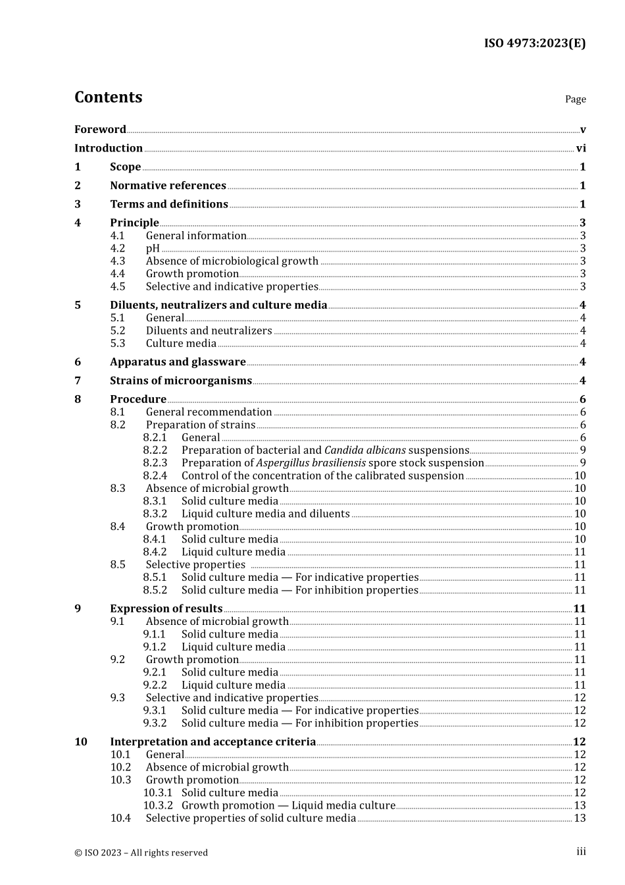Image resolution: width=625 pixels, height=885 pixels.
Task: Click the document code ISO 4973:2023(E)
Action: coord(534,43)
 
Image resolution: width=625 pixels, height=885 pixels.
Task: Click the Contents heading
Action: coord(108,97)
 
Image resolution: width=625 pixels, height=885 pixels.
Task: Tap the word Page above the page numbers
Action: coord(575,99)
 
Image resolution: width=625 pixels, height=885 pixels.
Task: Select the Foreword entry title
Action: coord(100,130)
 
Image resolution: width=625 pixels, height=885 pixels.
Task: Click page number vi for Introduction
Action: coord(581,149)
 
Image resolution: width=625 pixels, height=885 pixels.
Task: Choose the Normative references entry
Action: coord(168,186)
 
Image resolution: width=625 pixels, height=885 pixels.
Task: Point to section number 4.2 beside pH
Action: coord(118,248)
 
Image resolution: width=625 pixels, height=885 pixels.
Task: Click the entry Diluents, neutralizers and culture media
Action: coord(218,306)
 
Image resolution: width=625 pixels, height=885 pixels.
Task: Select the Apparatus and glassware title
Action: coord(178,362)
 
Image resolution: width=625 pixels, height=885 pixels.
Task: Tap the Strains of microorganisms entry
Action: coord(181,381)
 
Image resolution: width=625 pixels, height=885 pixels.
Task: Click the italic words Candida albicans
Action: coord(365,450)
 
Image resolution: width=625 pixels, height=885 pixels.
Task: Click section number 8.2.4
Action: coord(155,475)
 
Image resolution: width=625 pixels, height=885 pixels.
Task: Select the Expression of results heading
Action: coord(166,609)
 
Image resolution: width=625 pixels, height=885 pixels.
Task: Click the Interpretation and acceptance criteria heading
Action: coord(213,742)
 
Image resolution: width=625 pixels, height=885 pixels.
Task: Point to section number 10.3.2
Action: coord(158,805)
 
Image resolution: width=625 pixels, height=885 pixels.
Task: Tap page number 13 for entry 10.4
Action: coord(580,818)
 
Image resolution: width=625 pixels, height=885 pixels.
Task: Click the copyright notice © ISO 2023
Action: coord(141,853)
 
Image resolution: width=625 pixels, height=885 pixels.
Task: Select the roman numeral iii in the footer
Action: coord(581,852)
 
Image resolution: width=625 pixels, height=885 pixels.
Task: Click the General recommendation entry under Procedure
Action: coord(209,412)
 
